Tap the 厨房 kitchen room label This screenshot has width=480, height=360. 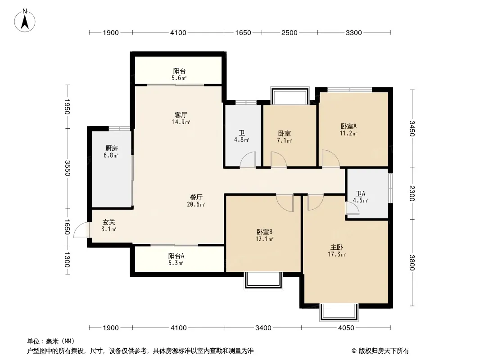coord(111,148)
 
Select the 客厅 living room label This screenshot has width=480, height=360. coord(181,115)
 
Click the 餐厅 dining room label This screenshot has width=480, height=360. coord(196,197)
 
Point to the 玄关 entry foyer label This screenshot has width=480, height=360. coord(109,222)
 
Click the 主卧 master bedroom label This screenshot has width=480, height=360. coord(337,247)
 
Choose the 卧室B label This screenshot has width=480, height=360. coord(264,232)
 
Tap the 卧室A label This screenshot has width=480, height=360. coord(349,126)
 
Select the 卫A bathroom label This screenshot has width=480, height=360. coord(360,193)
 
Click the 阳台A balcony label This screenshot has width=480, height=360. coord(176,256)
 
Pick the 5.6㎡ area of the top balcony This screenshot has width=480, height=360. coord(179,78)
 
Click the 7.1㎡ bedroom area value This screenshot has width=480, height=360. coord(285,141)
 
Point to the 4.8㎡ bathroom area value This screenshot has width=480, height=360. coord(241,140)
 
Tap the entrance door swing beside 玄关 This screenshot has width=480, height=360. coord(81,230)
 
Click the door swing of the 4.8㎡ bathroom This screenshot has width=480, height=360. coord(248,160)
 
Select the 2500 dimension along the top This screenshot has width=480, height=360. coord(289,32)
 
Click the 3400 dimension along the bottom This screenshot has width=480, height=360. coord(263,328)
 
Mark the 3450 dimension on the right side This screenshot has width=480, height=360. coord(412,128)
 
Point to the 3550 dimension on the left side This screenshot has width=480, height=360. coord(68,168)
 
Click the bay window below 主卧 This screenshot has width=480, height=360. coord(339,312)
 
